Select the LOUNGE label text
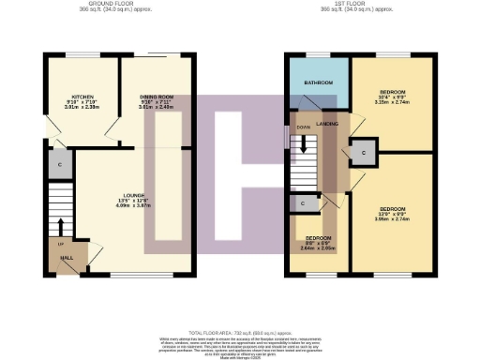tap(131, 195)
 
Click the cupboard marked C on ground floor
tap(59, 166)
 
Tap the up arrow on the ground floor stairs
tap(60, 225)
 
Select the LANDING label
tap(327, 124)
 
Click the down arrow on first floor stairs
tap(303, 145)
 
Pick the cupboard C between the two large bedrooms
tap(363, 151)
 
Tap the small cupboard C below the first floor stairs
tap(303, 202)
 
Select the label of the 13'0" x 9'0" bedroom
tap(393, 209)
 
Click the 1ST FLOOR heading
tap(359, 5)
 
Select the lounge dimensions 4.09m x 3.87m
tap(131, 205)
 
